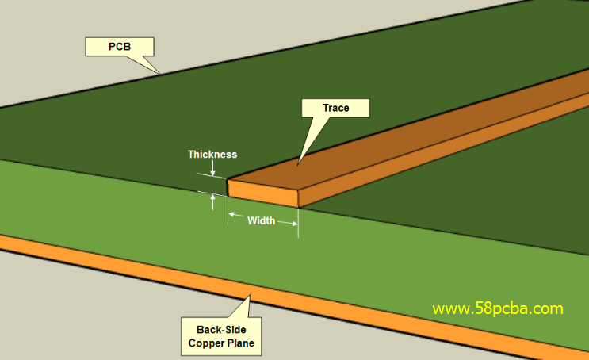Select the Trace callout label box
(335, 108)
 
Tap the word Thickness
(212, 155)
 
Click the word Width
(262, 220)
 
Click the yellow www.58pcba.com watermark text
(497, 308)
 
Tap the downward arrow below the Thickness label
(212, 168)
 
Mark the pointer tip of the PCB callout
(158, 73)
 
